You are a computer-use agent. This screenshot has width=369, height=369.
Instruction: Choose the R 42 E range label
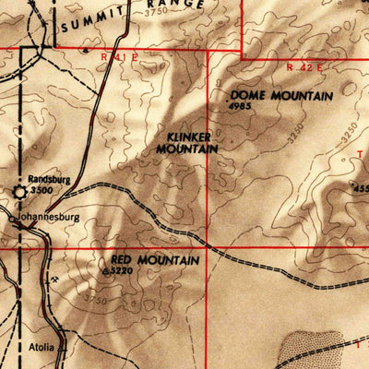tap(307, 67)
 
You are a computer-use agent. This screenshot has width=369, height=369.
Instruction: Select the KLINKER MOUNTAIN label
tap(187, 140)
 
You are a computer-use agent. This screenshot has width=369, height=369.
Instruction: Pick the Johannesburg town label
tap(48, 219)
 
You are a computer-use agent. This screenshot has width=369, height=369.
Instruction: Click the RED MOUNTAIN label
tap(154, 261)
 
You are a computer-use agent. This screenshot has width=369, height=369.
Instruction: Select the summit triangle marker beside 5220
tap(106, 272)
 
